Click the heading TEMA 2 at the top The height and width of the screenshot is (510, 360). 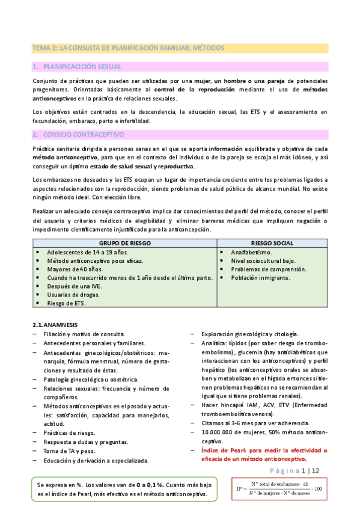pos(127,47)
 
